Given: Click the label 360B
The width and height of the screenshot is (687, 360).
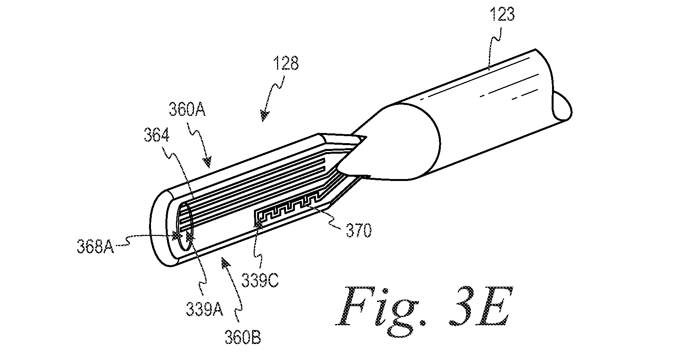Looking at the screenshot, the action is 243,336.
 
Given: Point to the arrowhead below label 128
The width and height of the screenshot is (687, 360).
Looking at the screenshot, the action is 265,115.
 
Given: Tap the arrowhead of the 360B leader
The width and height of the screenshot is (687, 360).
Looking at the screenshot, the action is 225,264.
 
